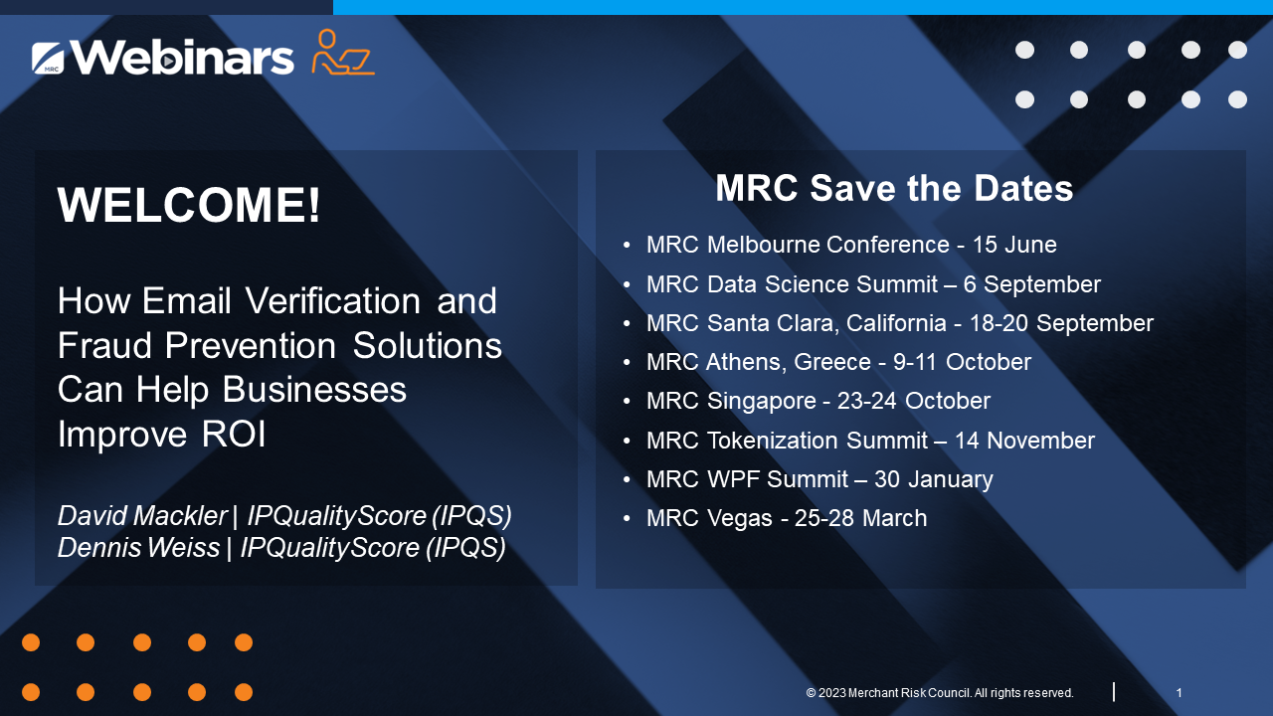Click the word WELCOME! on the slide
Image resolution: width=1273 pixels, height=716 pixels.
pyautogui.click(x=189, y=205)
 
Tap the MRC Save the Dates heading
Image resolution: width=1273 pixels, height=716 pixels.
pyautogui.click(x=894, y=188)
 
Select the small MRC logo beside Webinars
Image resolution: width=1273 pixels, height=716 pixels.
pyautogui.click(x=48, y=58)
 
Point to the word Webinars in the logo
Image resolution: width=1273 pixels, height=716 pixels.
pyautogui.click(x=182, y=57)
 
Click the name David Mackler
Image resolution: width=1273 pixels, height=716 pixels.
pyautogui.click(x=142, y=516)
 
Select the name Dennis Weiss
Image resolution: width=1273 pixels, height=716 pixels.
pyautogui.click(x=138, y=548)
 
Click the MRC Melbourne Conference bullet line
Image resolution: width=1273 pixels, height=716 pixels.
pyautogui.click(x=851, y=245)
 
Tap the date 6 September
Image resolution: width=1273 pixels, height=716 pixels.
pyautogui.click(x=1032, y=284)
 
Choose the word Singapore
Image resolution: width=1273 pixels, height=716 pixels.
pyautogui.click(x=762, y=402)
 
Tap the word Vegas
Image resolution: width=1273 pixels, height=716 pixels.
pyautogui.click(x=740, y=519)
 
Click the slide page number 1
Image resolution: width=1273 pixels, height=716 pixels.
pyautogui.click(x=1180, y=693)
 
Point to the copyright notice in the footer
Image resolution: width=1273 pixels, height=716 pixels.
pyautogui.click(x=940, y=693)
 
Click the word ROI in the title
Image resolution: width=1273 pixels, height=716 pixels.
pyautogui.click(x=234, y=435)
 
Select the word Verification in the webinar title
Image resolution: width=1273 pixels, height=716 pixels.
pyautogui.click(x=333, y=300)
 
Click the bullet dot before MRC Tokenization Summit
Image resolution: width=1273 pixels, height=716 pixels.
pyautogui.click(x=627, y=441)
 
